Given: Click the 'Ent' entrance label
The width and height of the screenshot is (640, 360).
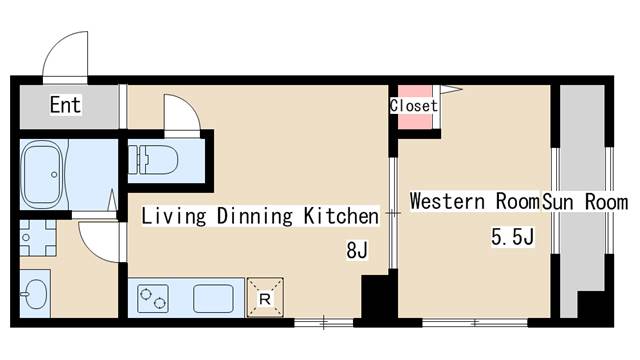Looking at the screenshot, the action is click(65, 104).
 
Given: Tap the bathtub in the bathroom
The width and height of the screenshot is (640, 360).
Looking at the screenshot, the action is click(43, 175).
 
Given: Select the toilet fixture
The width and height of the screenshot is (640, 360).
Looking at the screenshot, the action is click(153, 160).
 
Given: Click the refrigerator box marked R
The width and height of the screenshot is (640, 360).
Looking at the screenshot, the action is click(265, 298).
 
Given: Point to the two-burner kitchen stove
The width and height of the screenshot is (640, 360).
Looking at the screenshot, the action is click(153, 298).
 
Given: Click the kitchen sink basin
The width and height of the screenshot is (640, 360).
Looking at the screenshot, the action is click(213, 299).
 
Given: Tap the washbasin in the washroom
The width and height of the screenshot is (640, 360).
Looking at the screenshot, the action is click(34, 293).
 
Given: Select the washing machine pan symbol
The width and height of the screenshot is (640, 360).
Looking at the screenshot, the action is click(38, 238).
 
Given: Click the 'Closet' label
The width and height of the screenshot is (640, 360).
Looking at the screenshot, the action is click(413, 106).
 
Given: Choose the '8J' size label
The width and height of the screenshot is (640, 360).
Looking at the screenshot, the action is click(357, 250).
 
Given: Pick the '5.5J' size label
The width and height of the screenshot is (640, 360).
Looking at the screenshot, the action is click(513, 237).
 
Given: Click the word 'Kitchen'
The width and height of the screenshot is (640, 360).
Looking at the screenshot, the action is click(341, 216).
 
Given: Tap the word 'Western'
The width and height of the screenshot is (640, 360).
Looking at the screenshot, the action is click(448, 201).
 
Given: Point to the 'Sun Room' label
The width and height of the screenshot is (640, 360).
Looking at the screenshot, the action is click(585, 202).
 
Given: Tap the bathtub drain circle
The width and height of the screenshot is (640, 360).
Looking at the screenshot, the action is click(54, 175).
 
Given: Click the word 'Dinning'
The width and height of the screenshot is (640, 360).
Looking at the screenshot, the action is click(255, 216).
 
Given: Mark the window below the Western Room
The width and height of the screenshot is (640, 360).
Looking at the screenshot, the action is click(475, 323).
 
